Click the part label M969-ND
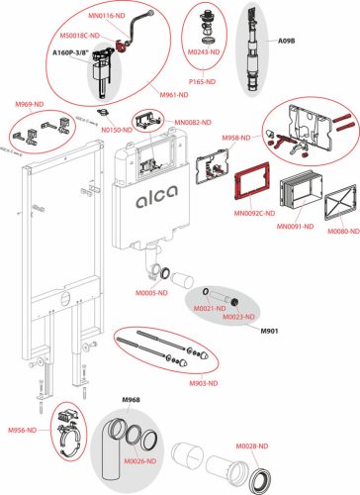(x=24, y=101)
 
